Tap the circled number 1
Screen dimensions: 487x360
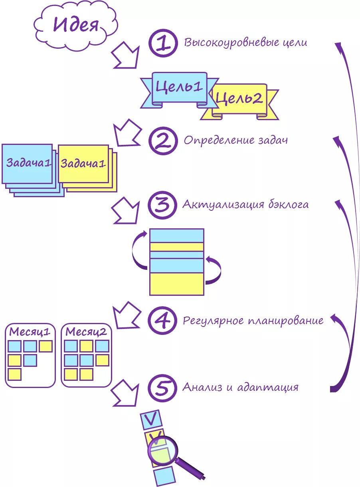point(163,44)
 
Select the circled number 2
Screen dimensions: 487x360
point(163,141)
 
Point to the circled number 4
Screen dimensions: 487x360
point(162,321)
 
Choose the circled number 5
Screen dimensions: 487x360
point(162,387)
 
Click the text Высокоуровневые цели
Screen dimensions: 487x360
point(245,42)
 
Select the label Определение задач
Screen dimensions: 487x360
point(235,141)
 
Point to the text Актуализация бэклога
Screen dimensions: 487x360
point(245,205)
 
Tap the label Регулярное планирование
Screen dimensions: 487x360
point(253,321)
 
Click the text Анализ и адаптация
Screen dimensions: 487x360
point(240,387)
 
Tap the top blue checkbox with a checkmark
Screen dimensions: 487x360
point(152,419)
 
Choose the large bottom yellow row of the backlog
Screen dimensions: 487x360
point(176,284)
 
